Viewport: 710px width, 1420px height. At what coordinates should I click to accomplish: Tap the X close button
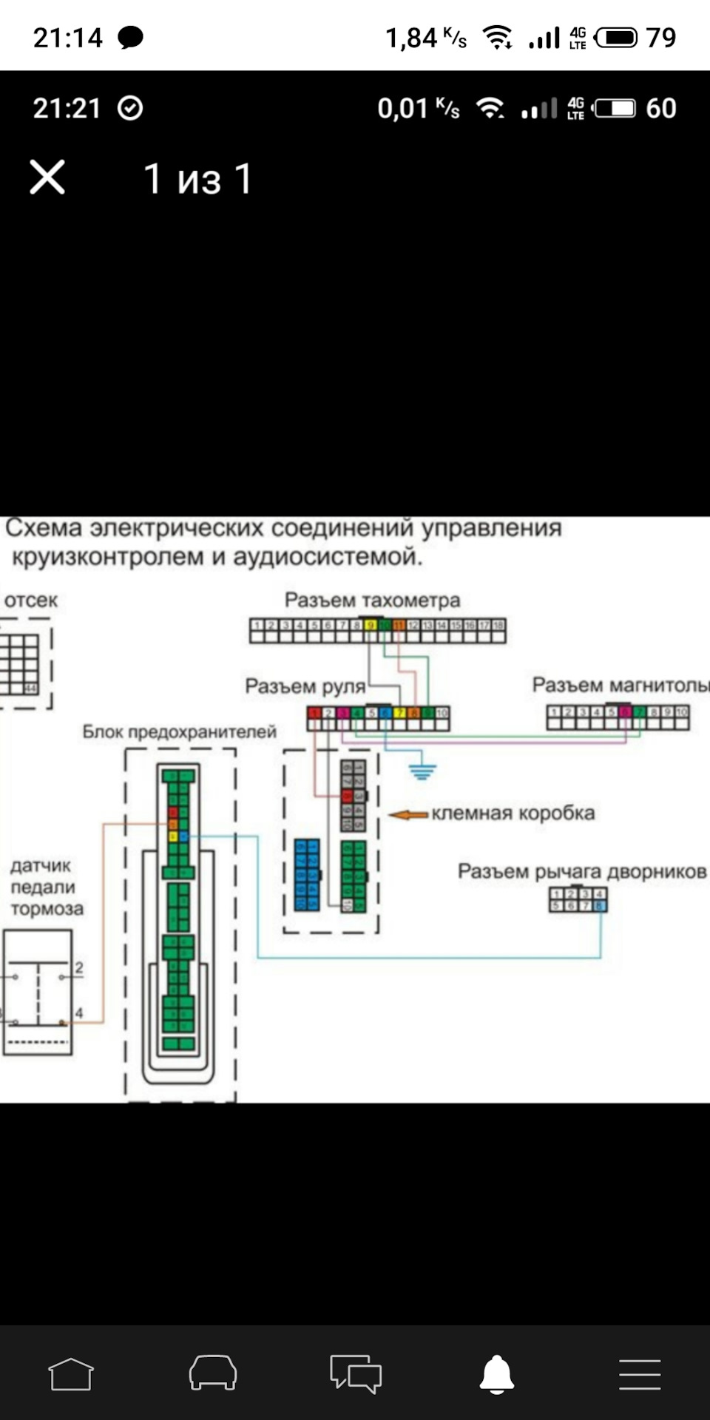click(47, 177)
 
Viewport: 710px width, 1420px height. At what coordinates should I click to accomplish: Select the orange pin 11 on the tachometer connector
click(399, 626)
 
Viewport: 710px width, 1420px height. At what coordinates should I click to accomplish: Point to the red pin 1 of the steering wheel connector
click(314, 713)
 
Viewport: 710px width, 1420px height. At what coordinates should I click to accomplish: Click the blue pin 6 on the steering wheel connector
click(385, 713)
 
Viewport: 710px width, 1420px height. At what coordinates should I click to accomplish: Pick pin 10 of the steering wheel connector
click(442, 713)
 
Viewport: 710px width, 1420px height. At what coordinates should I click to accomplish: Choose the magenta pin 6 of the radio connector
click(626, 712)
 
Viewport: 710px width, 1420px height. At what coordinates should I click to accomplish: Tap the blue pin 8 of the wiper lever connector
click(599, 906)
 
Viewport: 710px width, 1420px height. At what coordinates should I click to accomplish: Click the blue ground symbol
click(422, 772)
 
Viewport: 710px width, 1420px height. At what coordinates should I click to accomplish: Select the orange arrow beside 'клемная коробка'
click(408, 815)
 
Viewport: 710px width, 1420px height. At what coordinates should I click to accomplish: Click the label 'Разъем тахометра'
click(372, 600)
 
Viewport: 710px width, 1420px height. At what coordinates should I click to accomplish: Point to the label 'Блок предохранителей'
click(179, 732)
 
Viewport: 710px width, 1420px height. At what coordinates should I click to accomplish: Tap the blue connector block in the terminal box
click(307, 875)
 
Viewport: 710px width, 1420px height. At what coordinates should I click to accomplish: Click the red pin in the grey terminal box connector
click(346, 797)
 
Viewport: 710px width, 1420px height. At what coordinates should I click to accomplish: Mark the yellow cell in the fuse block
click(172, 836)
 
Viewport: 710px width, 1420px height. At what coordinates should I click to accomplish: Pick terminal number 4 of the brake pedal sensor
click(78, 1013)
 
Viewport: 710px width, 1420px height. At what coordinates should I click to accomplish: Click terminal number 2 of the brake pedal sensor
click(79, 967)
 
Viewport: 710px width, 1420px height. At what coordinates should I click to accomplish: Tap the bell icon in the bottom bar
click(497, 1375)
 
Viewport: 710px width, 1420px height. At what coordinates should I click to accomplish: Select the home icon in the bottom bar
click(71, 1375)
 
